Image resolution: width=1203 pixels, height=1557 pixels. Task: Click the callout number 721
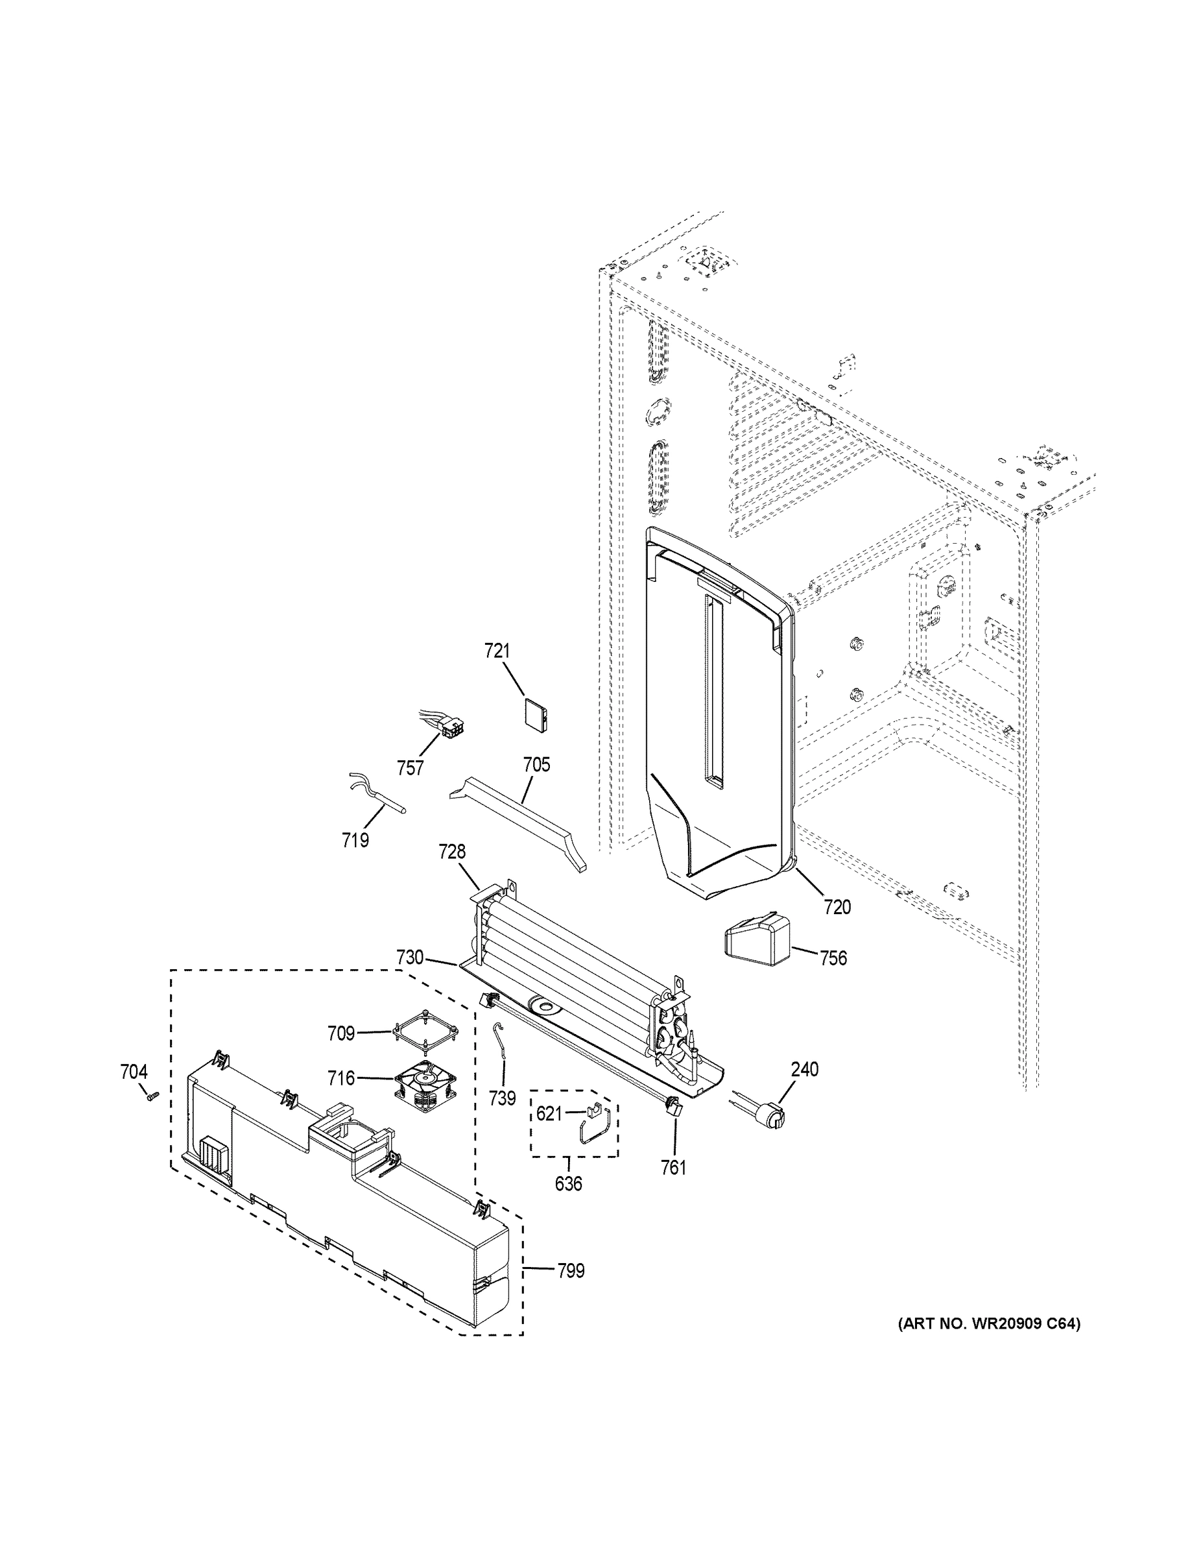click(x=497, y=651)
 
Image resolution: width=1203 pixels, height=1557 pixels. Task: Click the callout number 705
click(x=536, y=765)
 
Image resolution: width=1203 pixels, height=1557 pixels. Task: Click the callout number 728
click(x=452, y=851)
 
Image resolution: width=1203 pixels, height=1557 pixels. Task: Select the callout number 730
click(x=410, y=958)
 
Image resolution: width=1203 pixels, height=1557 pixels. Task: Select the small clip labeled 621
click(x=593, y=1111)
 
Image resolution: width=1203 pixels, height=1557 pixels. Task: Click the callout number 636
click(x=568, y=1184)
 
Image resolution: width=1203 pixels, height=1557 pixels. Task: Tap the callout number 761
click(x=673, y=1168)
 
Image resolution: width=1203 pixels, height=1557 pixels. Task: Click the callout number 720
click(x=837, y=907)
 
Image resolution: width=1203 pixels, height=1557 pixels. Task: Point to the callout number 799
click(x=570, y=1270)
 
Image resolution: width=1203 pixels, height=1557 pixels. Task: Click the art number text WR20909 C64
click(x=988, y=1324)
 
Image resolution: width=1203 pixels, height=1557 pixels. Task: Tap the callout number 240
click(x=804, y=1069)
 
